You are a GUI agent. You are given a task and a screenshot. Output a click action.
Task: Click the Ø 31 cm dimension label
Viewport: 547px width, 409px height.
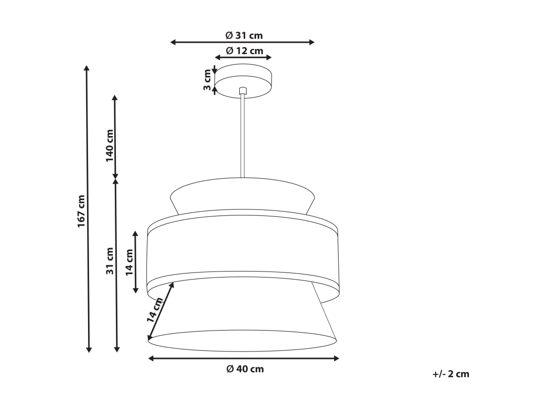pyautogui.click(x=244, y=36)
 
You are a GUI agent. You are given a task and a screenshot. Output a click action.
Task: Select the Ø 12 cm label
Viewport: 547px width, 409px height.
pyautogui.click(x=244, y=51)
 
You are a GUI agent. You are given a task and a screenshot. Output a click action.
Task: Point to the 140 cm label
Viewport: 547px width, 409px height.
pyautogui.click(x=110, y=145)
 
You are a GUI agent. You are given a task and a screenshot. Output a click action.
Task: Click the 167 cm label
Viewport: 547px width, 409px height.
pyautogui.click(x=82, y=211)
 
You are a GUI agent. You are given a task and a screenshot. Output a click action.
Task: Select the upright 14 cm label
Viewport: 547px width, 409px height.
pyautogui.click(x=129, y=262)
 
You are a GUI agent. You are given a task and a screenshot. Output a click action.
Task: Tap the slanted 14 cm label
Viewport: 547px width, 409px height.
pyautogui.click(x=155, y=310)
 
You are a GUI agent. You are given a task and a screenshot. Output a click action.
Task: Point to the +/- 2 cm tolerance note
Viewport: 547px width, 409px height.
pyautogui.click(x=451, y=374)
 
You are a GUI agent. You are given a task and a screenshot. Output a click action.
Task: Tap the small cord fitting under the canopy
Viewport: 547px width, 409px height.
pyautogui.click(x=243, y=91)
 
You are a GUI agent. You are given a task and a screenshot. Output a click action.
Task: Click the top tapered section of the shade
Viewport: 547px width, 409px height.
pyautogui.click(x=242, y=196)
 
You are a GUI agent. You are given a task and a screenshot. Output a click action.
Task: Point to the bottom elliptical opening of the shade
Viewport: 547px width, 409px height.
pyautogui.click(x=242, y=340)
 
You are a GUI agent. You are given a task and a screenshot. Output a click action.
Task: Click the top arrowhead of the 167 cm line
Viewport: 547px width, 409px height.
pyautogui.click(x=87, y=68)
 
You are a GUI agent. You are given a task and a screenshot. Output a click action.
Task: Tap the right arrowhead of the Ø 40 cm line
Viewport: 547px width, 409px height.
pyautogui.click(x=337, y=358)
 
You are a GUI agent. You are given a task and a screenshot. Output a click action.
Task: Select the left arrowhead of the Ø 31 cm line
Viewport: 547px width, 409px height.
pyautogui.click(x=173, y=42)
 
